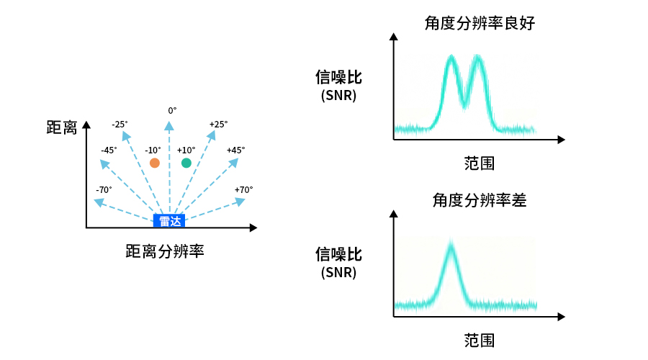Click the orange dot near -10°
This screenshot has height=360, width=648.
154,163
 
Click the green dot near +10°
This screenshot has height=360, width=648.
186,163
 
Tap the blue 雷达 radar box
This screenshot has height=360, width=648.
169,221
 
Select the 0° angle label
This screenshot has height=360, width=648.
172,110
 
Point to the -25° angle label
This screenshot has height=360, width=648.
120,125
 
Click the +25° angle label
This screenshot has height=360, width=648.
219,125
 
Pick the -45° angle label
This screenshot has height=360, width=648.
109,150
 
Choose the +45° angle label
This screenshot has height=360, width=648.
235,150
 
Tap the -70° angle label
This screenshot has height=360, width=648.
104,190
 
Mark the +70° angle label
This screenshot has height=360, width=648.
243,190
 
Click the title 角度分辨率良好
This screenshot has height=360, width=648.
480,24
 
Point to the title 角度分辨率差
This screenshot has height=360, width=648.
480,200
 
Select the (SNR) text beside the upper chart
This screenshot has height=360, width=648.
338,95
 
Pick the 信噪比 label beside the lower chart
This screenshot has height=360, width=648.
338,254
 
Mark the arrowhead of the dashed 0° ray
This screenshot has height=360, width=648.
169,126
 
